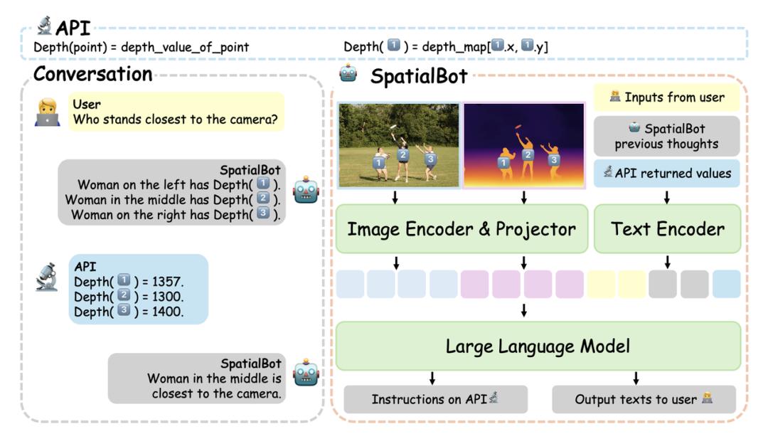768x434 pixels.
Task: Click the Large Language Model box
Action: pyautogui.click(x=538, y=346)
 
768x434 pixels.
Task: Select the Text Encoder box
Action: pyautogui.click(x=667, y=229)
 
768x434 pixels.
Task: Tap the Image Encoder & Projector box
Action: pyautogui.click(x=462, y=229)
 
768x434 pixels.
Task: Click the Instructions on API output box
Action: pyautogui.click(x=435, y=399)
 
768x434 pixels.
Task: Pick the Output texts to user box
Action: pyautogui.click(x=644, y=399)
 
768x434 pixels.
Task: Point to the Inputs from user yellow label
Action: pyautogui.click(x=666, y=97)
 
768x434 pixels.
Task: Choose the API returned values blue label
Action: pyautogui.click(x=666, y=173)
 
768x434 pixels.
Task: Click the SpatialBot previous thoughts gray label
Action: pyautogui.click(x=666, y=136)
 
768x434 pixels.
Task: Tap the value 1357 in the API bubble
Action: pyautogui.click(x=167, y=282)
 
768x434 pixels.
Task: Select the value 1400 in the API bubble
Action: pyautogui.click(x=168, y=312)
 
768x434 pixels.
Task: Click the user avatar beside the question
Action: pyautogui.click(x=48, y=112)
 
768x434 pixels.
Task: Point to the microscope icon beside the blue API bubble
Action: pyautogui.click(x=47, y=277)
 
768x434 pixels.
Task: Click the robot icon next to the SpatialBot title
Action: pyautogui.click(x=348, y=73)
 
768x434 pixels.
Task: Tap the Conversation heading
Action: pyautogui.click(x=93, y=74)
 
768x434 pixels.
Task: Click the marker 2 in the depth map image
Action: pyautogui.click(x=528, y=155)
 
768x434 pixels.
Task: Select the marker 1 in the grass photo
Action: pyautogui.click(x=378, y=162)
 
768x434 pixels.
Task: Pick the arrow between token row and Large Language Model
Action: pyautogui.click(x=524, y=310)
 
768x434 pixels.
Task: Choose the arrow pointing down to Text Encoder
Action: pyautogui.click(x=666, y=197)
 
